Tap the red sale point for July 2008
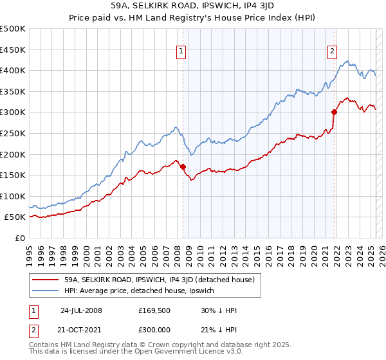pyautogui.click(x=183, y=166)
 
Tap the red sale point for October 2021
pyautogui.click(x=334, y=112)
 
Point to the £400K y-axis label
pyautogui.click(x=12, y=71)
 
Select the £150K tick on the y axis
pyautogui.click(x=12, y=175)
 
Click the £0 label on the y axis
pyautogui.click(x=20, y=238)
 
